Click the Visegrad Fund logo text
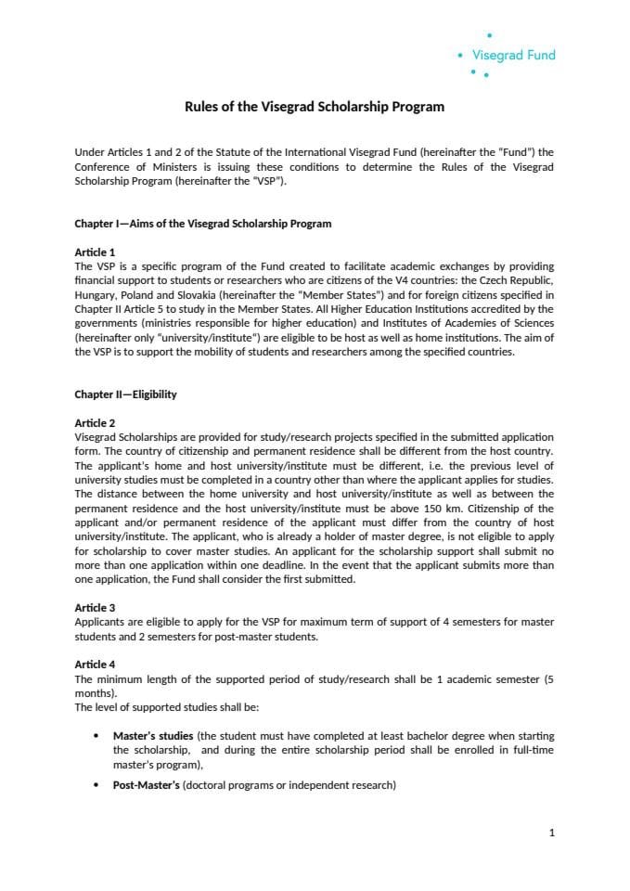point(513,55)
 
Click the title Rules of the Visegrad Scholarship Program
point(315,107)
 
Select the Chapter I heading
point(202,224)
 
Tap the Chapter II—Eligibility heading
point(125,394)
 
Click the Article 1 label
point(95,252)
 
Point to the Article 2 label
point(95,423)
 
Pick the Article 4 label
point(95,665)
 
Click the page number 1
point(552,833)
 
